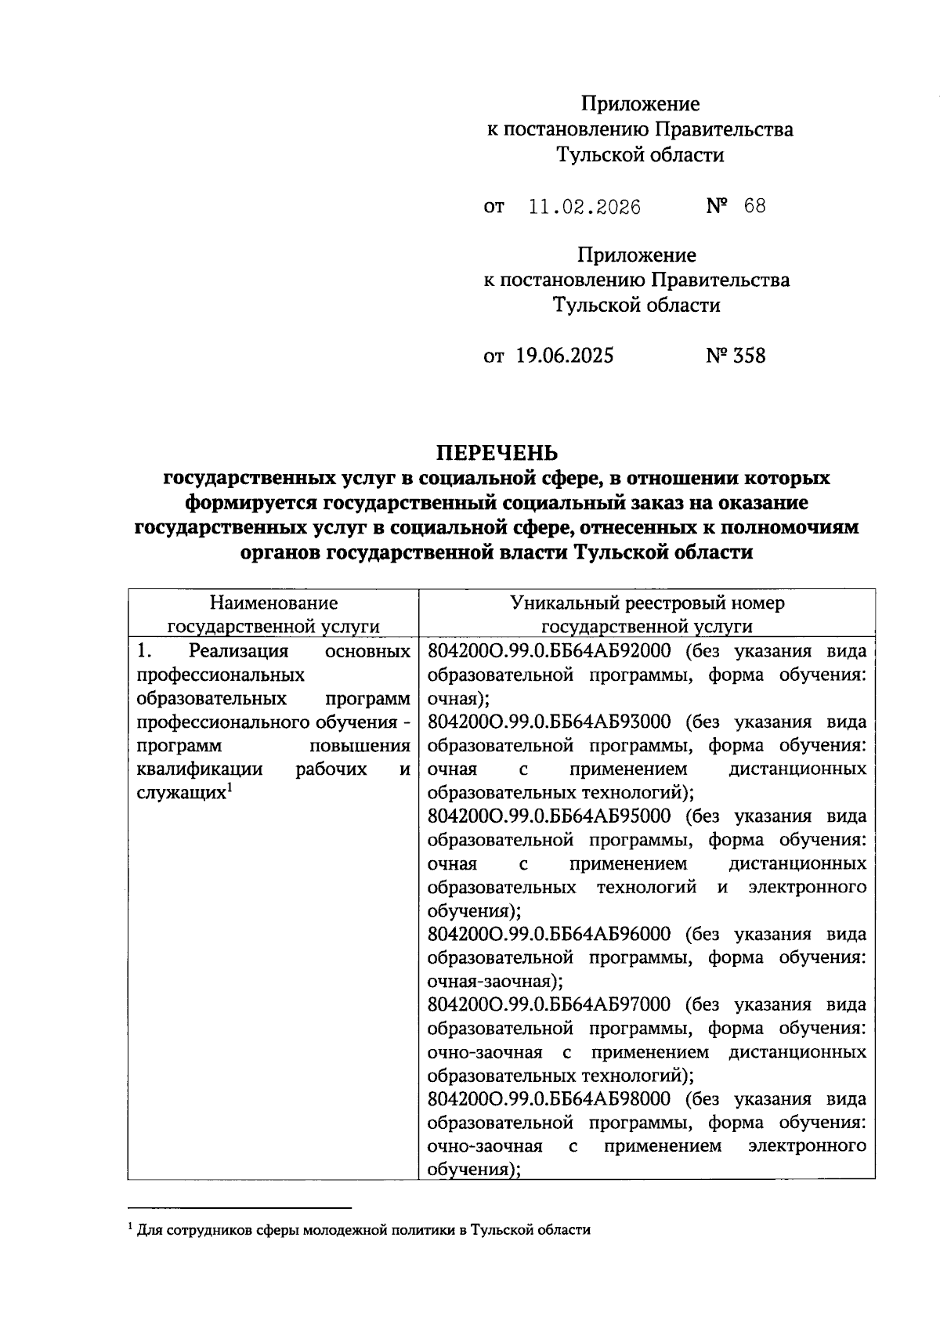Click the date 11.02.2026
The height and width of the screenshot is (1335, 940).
coord(584,207)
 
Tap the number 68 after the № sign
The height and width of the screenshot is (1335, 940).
coord(755,206)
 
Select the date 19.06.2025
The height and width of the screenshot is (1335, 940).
coord(565,356)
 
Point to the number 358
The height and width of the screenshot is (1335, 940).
coord(750,356)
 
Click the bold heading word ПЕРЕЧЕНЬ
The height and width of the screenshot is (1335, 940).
coord(497,453)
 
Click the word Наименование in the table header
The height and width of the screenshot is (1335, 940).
coord(273,602)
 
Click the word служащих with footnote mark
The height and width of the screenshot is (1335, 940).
coord(181,793)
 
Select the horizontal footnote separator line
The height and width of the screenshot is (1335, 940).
coord(240,1208)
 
